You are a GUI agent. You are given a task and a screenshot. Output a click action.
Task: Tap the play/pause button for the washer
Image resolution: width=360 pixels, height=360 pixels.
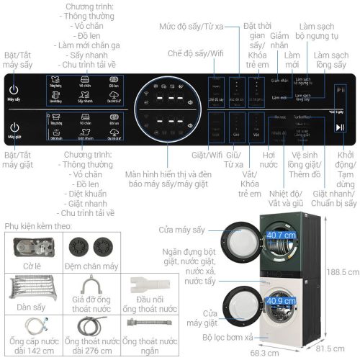click(x=339, y=127)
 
